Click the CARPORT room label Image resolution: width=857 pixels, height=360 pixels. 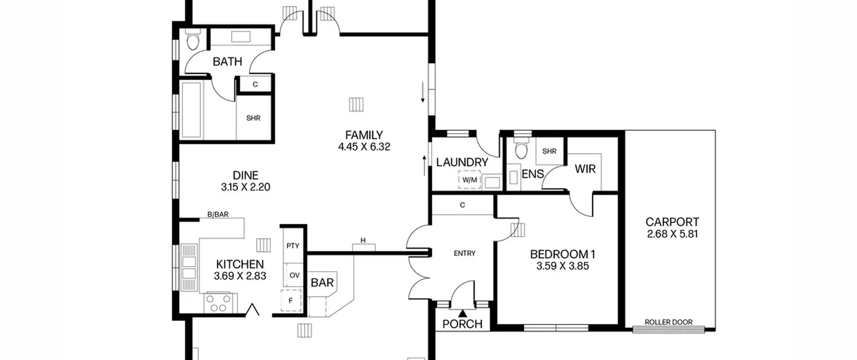click(672, 222)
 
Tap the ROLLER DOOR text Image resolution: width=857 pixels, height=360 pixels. click(669, 322)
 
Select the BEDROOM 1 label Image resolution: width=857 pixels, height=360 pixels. click(563, 255)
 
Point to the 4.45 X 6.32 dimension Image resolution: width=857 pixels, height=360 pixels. click(364, 147)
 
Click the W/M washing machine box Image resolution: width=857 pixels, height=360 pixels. click(469, 180)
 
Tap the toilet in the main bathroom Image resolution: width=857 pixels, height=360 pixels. click(193, 41)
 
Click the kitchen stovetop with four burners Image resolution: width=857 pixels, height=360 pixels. click(218, 303)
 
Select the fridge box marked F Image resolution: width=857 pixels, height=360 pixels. click(291, 300)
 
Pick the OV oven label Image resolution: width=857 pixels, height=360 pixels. click(294, 275)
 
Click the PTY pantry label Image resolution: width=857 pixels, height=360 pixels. click(293, 246)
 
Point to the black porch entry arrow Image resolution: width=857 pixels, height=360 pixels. click(462, 313)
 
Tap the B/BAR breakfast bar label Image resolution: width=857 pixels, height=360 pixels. click(218, 214)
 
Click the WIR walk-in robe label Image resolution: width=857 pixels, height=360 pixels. click(585, 169)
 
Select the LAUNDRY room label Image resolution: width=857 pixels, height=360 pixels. click(462, 162)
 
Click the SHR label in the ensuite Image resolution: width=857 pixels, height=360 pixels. click(549, 151)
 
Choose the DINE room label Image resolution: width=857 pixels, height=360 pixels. click(245, 175)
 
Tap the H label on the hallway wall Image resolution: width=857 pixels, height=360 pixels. click(363, 240)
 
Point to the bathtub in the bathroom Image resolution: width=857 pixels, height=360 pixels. click(191, 110)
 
